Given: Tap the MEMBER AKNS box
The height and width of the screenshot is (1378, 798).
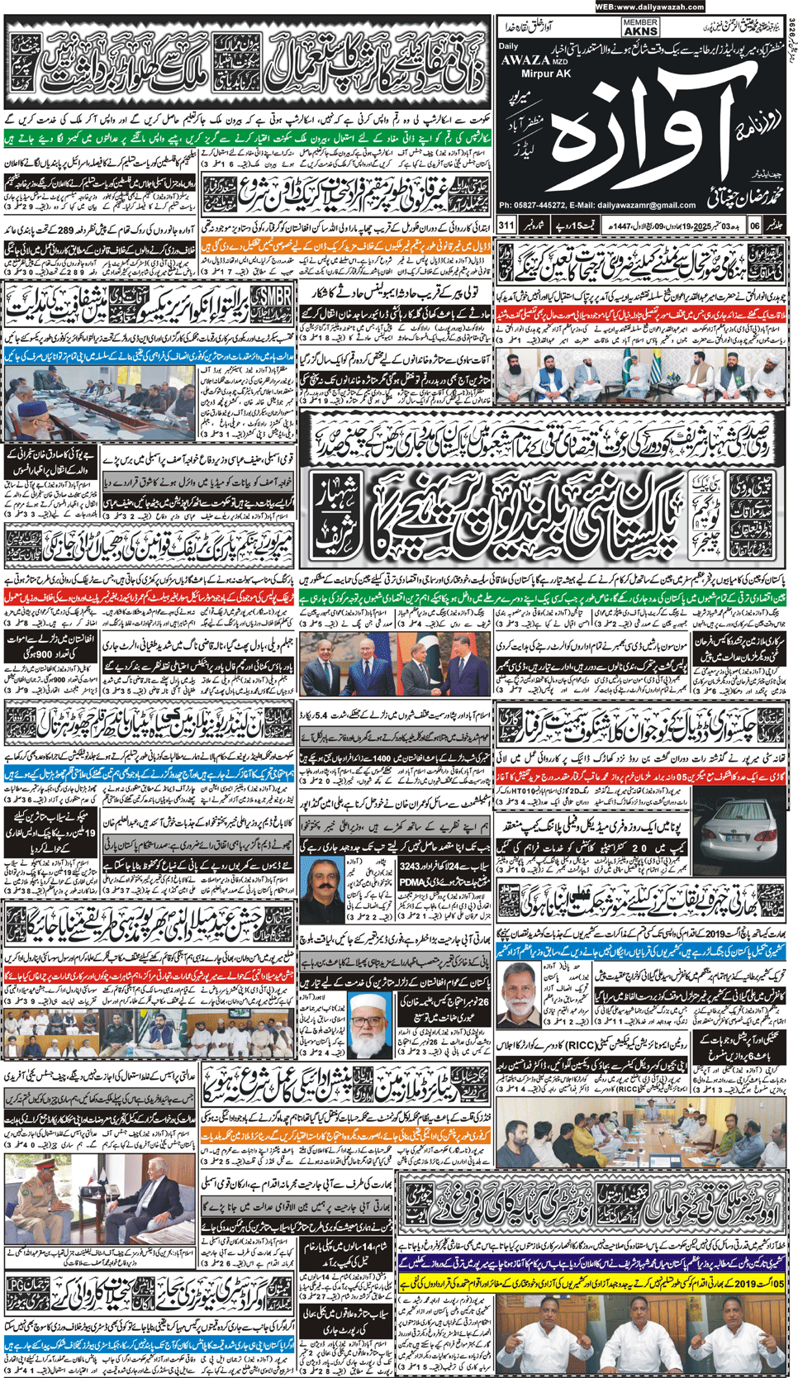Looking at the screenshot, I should pyautogui.click(x=640, y=27).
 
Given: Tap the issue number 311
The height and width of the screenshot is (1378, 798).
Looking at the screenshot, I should pyautogui.click(x=506, y=225).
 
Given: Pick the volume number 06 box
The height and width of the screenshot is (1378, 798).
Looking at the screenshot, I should pyautogui.click(x=755, y=225).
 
